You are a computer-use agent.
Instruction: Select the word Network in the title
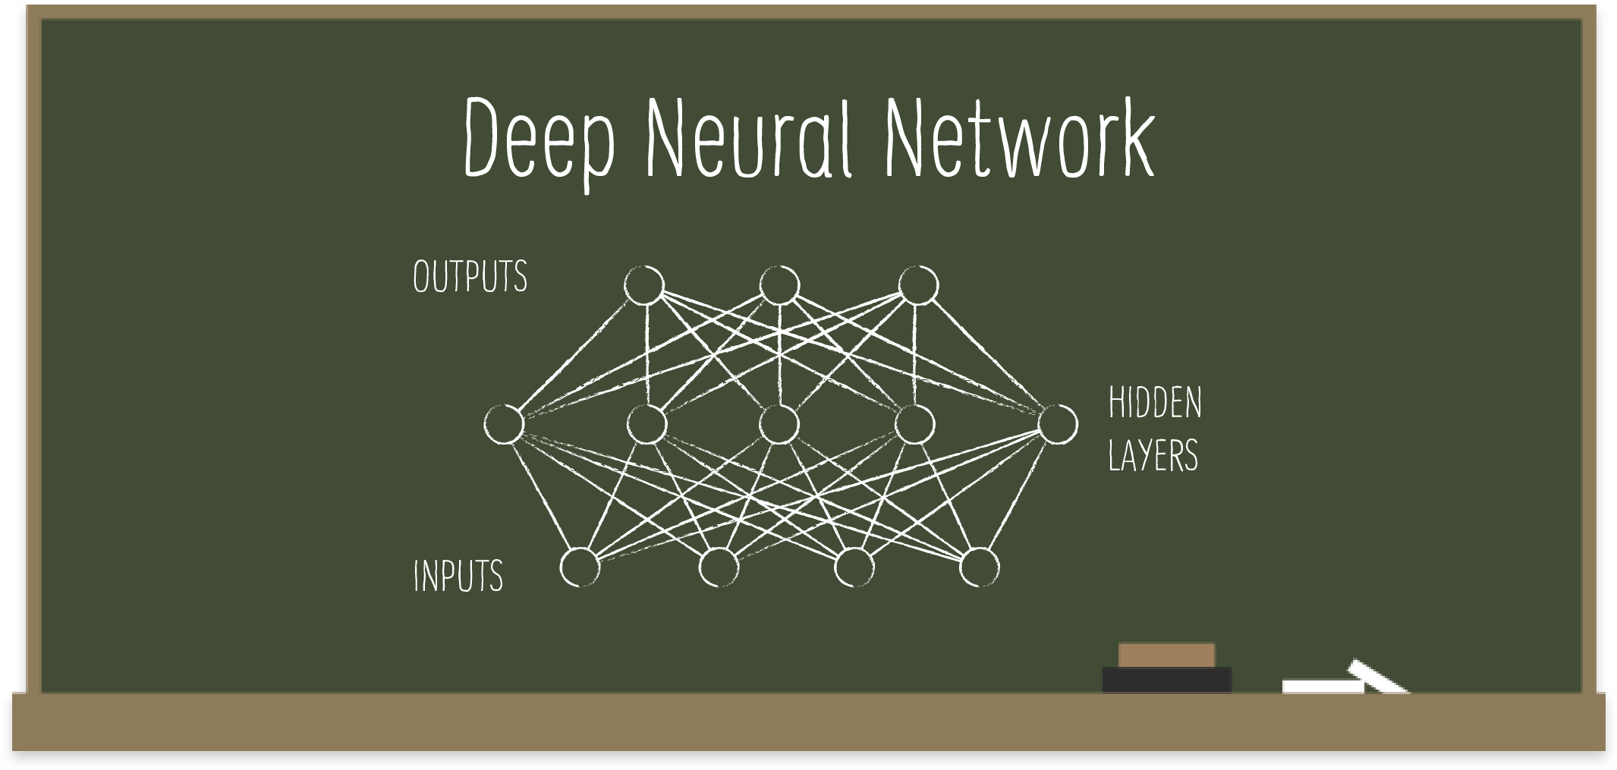(1019, 140)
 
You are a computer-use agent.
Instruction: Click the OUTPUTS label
(470, 277)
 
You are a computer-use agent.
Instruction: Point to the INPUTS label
(458, 576)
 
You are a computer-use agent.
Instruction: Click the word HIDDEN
(1155, 403)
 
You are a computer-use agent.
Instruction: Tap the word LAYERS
(1153, 455)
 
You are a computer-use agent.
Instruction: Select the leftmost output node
(643, 285)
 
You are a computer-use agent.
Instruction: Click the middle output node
(779, 285)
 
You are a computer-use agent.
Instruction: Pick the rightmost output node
(918, 285)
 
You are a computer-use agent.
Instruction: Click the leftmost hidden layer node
(505, 424)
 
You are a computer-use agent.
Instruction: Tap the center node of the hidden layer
(779, 424)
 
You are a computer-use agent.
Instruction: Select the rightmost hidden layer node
(1058, 423)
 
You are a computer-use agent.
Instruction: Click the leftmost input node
(580, 567)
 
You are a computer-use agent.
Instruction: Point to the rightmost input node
(980, 567)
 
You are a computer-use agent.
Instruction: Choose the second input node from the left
(718, 567)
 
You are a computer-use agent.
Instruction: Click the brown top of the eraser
(1166, 655)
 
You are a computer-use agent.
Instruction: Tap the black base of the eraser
(1166, 680)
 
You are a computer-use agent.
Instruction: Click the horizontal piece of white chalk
(1320, 687)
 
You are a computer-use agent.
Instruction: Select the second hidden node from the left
(647, 424)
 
